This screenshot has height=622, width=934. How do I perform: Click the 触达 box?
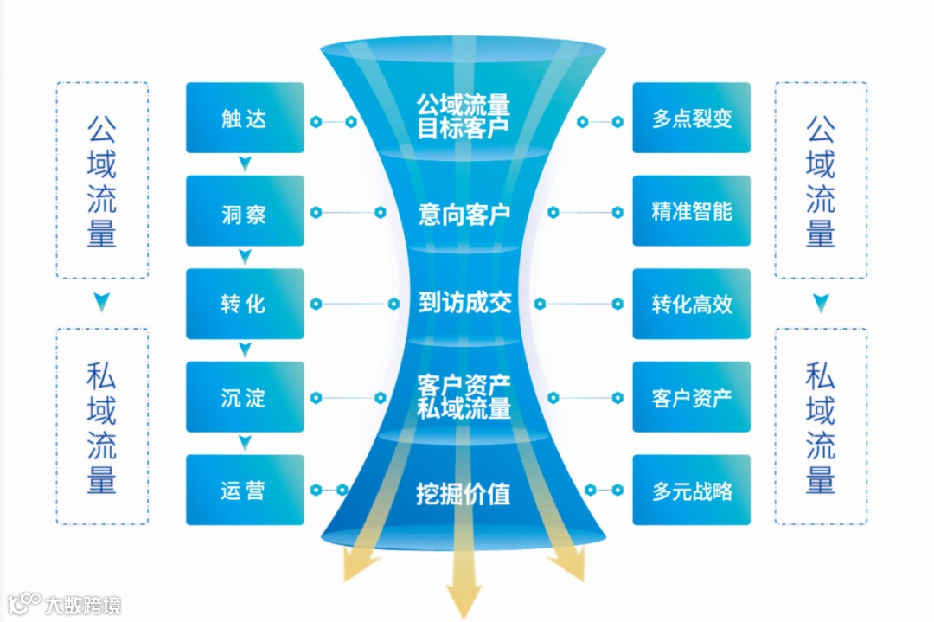click(x=245, y=118)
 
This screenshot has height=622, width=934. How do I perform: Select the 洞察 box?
click(x=245, y=211)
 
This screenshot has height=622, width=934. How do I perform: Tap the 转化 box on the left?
click(x=245, y=304)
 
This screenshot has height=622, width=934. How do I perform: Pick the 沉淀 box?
click(x=245, y=397)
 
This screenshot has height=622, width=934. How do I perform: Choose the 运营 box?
click(x=245, y=490)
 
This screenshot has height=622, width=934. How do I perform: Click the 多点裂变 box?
click(x=691, y=118)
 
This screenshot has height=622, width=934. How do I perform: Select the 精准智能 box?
click(x=691, y=211)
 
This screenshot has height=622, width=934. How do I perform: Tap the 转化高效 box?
click(x=691, y=304)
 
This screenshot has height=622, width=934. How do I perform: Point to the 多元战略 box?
click(x=691, y=490)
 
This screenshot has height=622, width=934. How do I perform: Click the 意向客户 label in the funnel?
click(x=464, y=214)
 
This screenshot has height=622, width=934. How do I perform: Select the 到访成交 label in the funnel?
click(x=464, y=302)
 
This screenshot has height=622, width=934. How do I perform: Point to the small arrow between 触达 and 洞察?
click(x=245, y=164)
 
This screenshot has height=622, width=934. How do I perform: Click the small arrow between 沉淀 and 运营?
click(x=245, y=443)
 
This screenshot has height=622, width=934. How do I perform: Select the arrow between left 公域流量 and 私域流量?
click(x=102, y=303)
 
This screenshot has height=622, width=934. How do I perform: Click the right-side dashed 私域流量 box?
click(x=821, y=426)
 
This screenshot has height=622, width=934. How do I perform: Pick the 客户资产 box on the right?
click(x=691, y=397)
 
